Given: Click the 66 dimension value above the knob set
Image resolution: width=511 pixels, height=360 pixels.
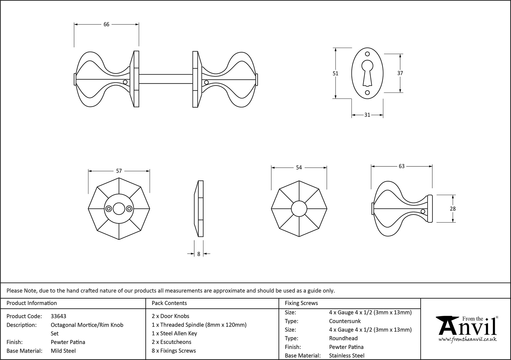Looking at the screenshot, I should pyautogui.click(x=106, y=24).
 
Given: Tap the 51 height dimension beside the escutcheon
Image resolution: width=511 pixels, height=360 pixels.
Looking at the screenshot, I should pyautogui.click(x=335, y=73).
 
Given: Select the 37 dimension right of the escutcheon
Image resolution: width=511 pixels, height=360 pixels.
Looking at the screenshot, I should pyautogui.click(x=400, y=73).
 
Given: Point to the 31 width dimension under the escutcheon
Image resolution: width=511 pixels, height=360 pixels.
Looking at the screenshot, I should pyautogui.click(x=367, y=115).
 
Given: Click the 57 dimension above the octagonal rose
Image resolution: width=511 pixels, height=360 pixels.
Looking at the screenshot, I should pyautogui.click(x=119, y=171).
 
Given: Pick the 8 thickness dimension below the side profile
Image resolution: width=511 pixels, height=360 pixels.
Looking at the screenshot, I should pyautogui.click(x=199, y=254).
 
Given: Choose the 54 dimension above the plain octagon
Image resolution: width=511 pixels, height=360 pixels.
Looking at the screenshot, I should pyautogui.click(x=299, y=167).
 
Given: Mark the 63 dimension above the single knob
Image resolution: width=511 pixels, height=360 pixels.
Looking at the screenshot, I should pyautogui.click(x=401, y=166).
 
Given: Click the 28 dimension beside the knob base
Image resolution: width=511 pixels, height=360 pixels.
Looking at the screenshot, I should pyautogui.click(x=452, y=209).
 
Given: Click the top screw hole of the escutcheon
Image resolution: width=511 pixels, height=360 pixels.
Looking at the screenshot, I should pyautogui.click(x=367, y=54).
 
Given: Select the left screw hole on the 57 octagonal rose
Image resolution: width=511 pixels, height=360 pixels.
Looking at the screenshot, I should pyautogui.click(x=109, y=209).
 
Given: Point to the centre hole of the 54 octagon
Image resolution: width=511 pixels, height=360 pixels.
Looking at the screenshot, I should pyautogui.click(x=299, y=209).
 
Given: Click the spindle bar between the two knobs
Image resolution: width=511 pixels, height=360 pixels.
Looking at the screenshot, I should pyautogui.click(x=166, y=79).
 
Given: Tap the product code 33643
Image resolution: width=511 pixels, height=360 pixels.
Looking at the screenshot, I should pyautogui.click(x=59, y=316).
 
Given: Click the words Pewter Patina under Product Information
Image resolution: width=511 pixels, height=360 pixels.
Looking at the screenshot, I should pyautogui.click(x=68, y=342).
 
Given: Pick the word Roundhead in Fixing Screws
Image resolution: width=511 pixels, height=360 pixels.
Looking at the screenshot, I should pyautogui.click(x=343, y=338).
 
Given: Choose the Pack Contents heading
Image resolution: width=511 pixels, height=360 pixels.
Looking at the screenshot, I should pyautogui.click(x=169, y=303).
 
